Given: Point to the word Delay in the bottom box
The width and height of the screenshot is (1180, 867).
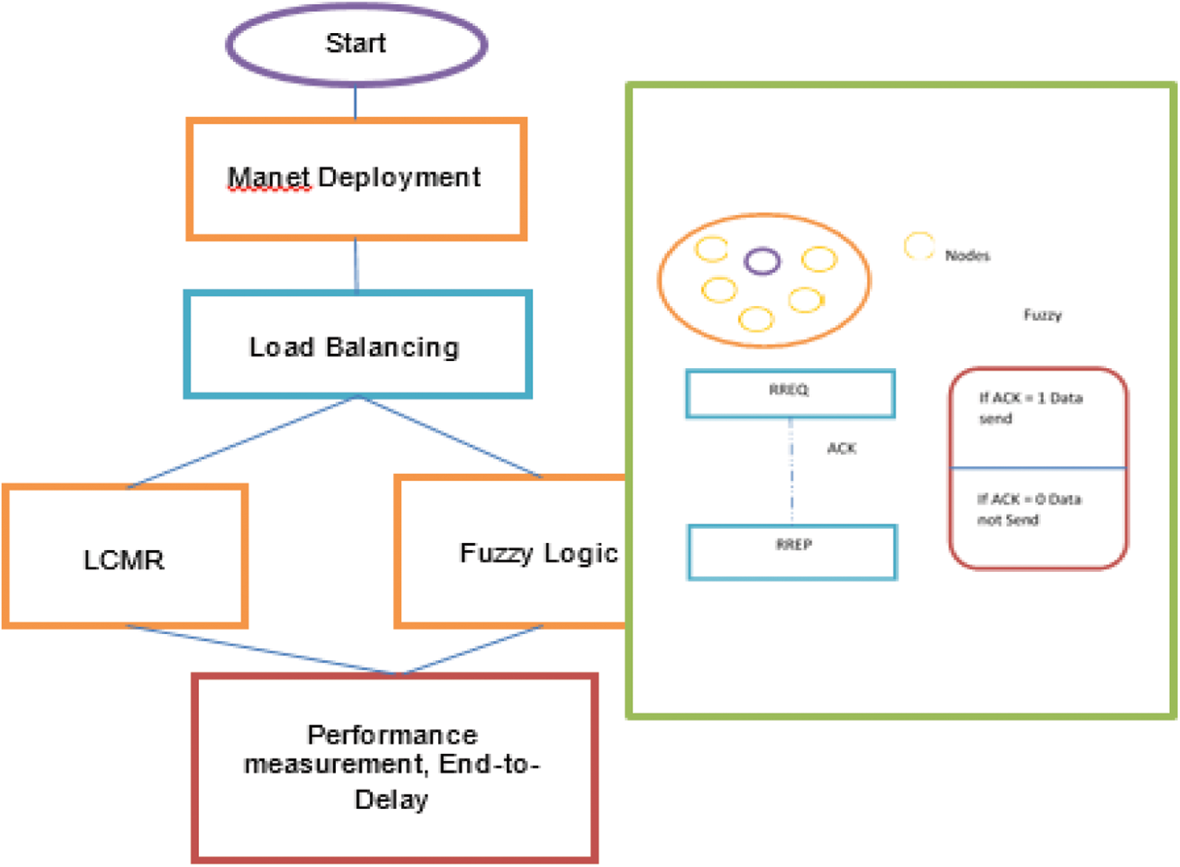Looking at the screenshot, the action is (392, 800).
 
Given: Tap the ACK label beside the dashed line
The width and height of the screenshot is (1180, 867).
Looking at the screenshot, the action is (842, 448).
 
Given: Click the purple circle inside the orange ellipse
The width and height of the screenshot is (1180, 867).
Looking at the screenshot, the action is (762, 249).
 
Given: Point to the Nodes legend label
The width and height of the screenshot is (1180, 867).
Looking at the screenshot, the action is (968, 256).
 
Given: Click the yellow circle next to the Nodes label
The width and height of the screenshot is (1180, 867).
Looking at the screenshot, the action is (920, 234).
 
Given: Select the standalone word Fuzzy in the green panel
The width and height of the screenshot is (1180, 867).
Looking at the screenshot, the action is (1042, 315).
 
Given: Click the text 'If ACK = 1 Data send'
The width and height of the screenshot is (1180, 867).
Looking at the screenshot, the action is (1031, 408).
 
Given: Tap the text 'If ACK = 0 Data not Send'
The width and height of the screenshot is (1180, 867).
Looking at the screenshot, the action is (1029, 509).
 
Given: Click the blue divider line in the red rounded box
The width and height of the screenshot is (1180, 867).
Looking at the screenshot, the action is (1038, 467).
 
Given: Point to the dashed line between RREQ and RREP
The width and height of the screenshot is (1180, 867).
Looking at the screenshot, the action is (791, 471).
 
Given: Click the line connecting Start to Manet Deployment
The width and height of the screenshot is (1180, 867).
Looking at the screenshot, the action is (355, 103).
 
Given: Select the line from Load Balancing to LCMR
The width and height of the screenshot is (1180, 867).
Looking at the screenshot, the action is (242, 442).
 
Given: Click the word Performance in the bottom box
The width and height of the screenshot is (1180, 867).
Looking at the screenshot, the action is (393, 735).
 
